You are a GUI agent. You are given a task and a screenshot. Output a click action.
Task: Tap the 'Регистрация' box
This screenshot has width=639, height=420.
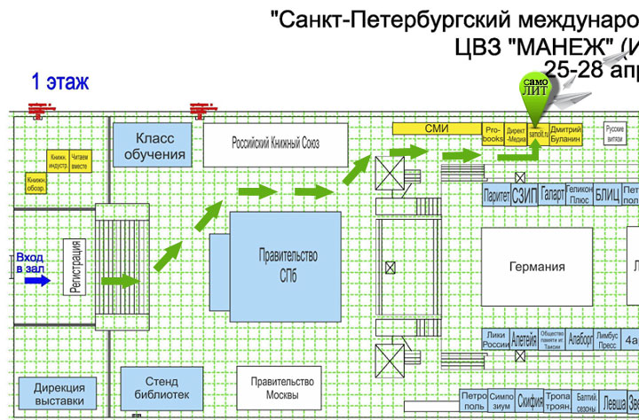tap(76, 268)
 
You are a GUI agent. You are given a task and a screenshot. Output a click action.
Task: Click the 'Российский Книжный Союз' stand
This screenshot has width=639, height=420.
tap(275, 144)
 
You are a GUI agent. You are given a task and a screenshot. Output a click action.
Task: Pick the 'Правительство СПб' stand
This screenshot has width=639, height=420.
tap(287, 266)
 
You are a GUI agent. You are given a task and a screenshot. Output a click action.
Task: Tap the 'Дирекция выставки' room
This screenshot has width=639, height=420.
tap(59, 394)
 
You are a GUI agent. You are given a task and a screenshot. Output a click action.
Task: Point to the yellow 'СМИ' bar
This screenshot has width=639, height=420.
tap(437, 129)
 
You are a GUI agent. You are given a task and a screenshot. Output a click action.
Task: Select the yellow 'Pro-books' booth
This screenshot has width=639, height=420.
tap(493, 135)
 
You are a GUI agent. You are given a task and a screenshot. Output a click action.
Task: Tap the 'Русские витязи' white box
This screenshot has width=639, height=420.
tap(615, 134)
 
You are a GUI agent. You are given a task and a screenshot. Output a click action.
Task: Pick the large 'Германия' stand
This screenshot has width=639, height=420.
tap(537, 267)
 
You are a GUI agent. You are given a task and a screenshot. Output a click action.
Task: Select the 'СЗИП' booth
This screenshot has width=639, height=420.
tap(523, 195)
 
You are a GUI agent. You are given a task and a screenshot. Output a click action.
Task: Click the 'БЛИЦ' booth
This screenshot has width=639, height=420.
tap(607, 195)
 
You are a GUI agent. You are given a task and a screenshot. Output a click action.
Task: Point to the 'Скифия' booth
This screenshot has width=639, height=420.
tap(531, 400)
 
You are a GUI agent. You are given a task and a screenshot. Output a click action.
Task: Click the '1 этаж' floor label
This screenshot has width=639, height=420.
tap(60, 83)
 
